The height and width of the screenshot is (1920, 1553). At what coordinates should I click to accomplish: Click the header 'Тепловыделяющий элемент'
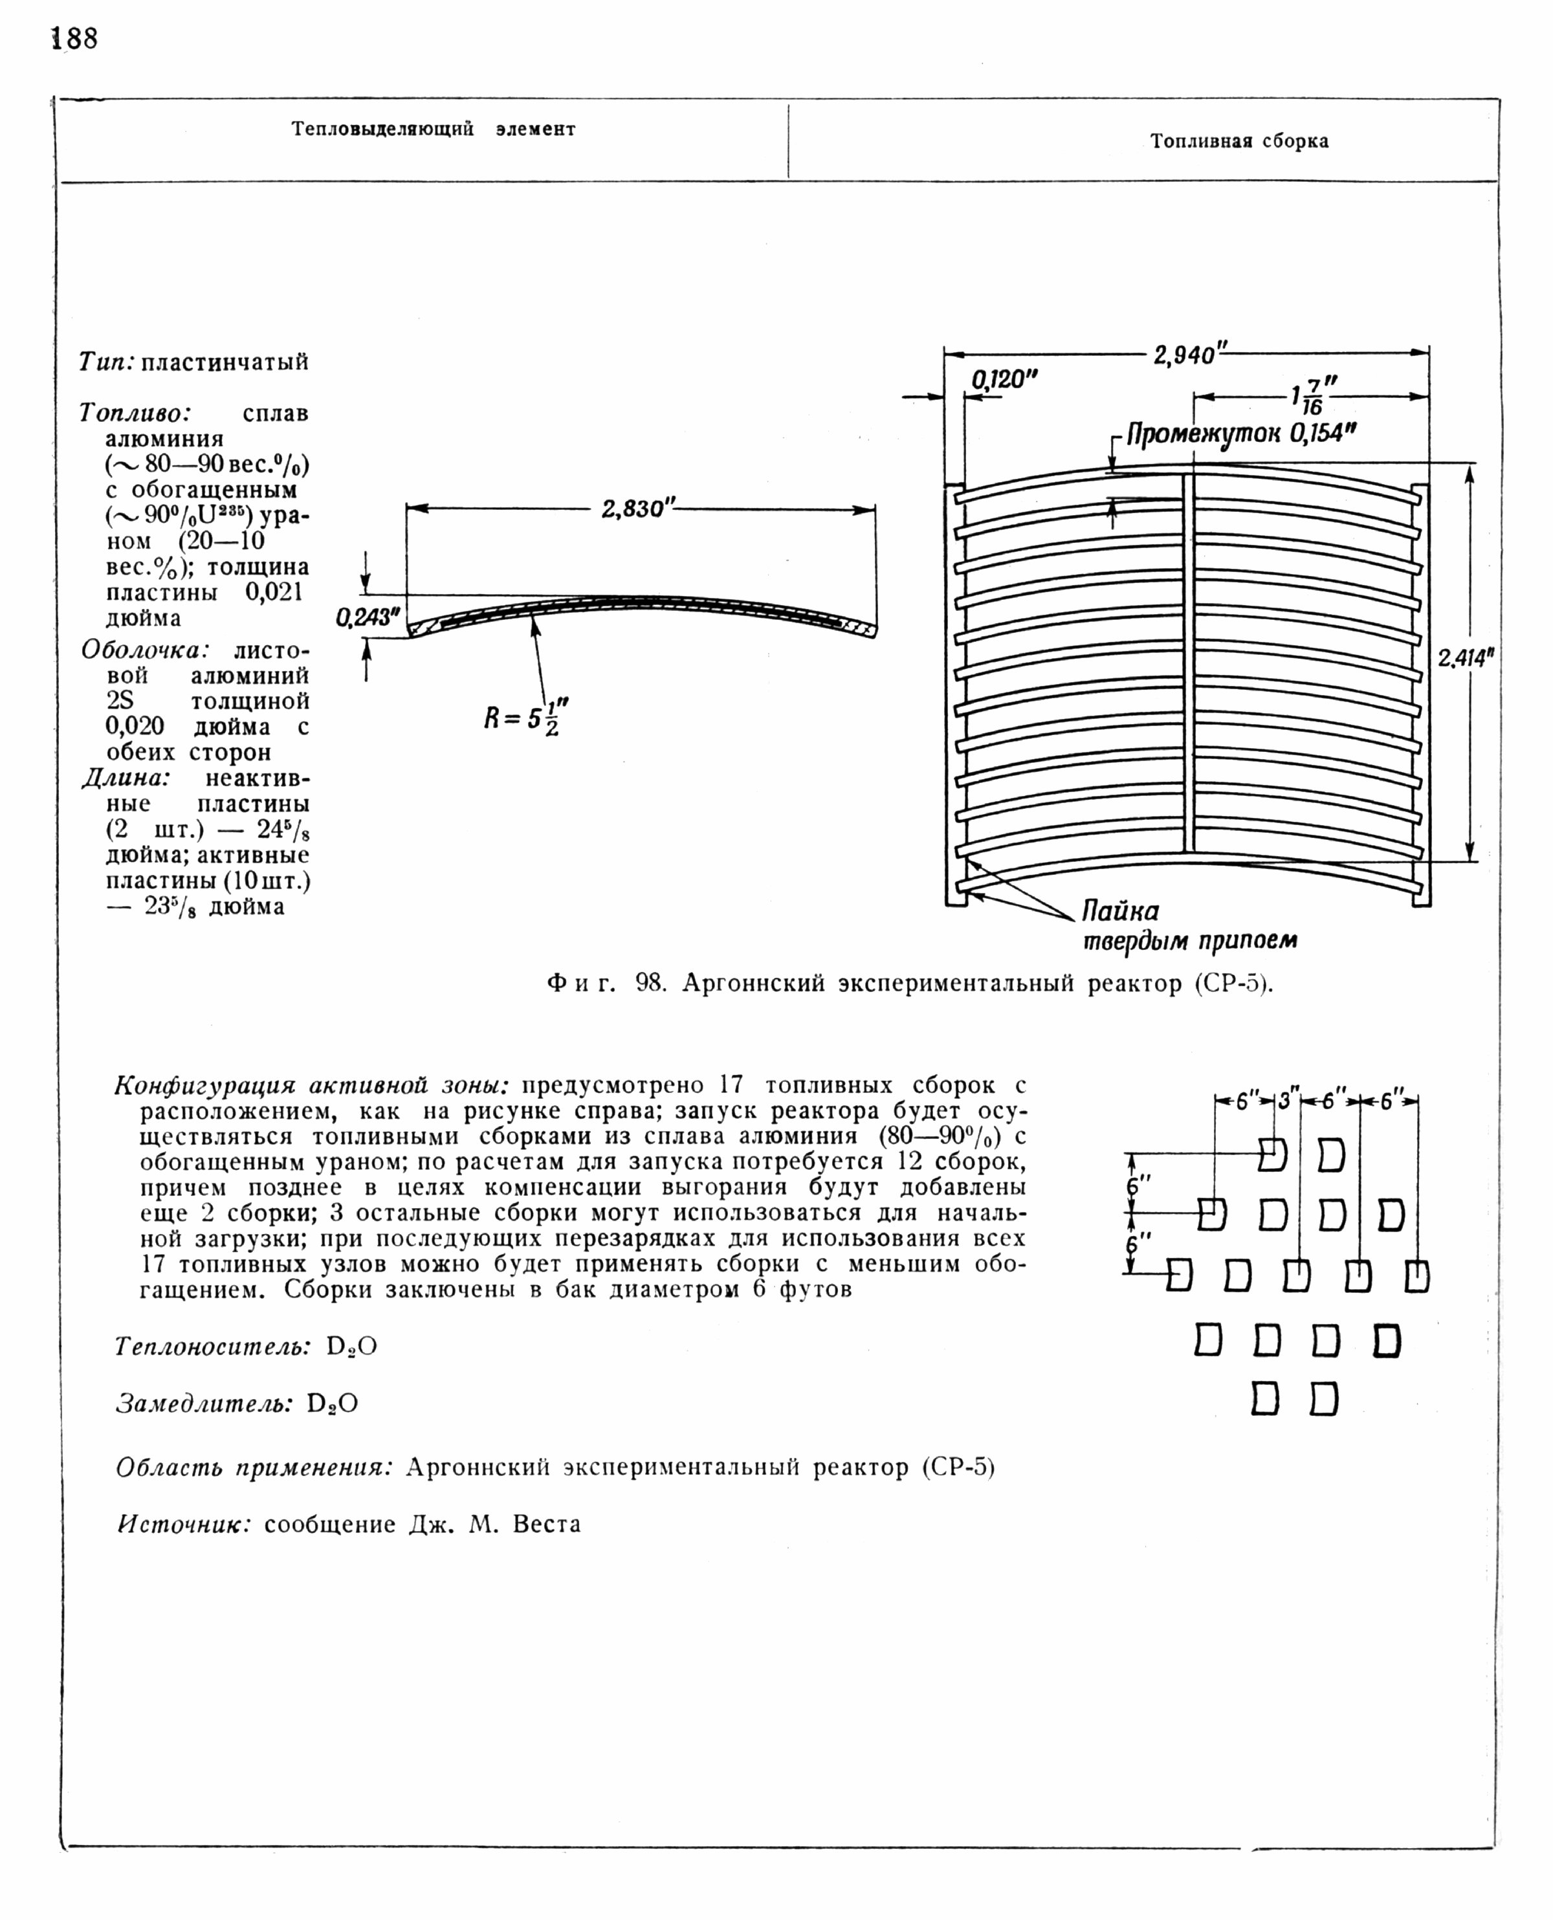[433, 129]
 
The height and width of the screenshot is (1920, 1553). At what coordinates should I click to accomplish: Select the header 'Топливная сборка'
[1239, 141]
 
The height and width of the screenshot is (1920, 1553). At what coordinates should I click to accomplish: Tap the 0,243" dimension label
[368, 617]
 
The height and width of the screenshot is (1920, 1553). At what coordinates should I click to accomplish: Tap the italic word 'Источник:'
[184, 1525]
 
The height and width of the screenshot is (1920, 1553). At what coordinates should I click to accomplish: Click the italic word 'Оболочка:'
[146, 650]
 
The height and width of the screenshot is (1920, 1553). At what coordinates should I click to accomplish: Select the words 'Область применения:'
[255, 1467]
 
